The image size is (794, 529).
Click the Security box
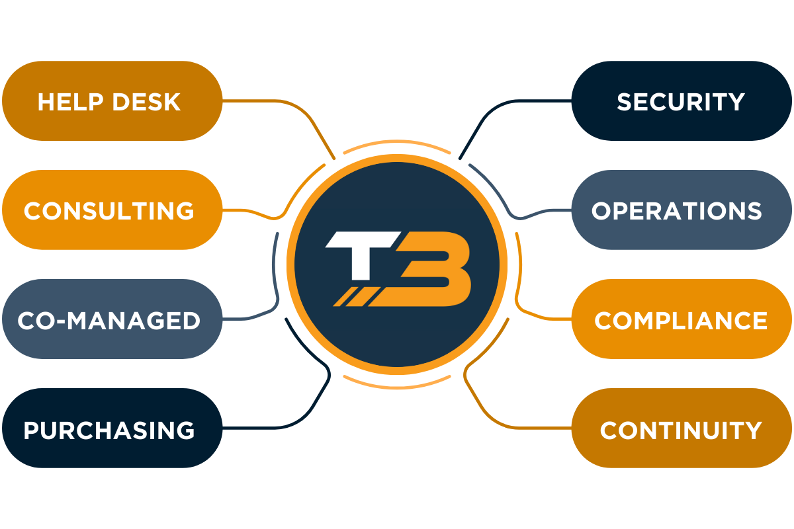[682, 101]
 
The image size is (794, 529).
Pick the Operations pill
[682, 210]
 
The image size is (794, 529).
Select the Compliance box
[682, 319]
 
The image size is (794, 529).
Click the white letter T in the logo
[357, 255]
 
